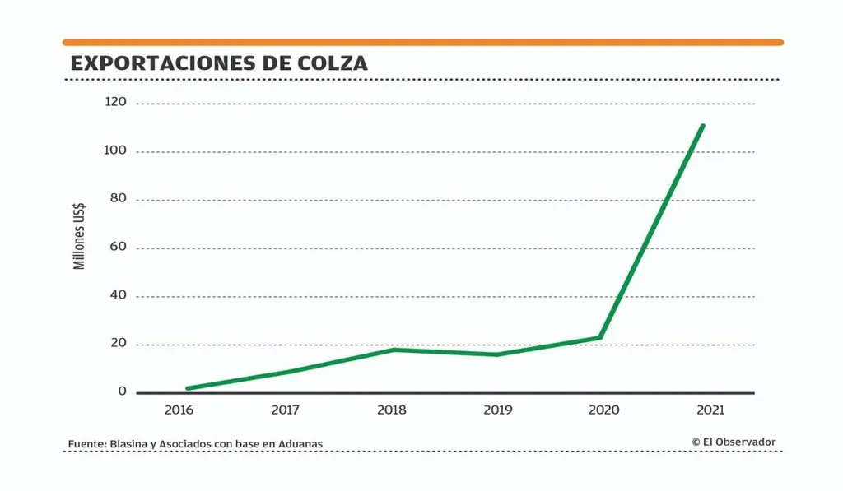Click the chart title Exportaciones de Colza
(219, 63)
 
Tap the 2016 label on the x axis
(179, 410)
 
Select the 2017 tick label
(285, 410)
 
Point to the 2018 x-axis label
(391, 410)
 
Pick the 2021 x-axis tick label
(710, 410)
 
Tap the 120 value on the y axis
(116, 103)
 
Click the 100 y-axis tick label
(116, 151)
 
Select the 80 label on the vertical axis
(119, 200)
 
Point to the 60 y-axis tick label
(119, 248)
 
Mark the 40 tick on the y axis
(119, 296)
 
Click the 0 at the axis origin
(123, 391)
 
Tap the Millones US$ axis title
(80, 237)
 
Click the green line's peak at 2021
(702, 126)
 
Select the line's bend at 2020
(600, 337)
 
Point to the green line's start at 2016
(188, 388)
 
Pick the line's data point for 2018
(394, 350)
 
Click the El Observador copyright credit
(734, 442)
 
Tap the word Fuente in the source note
(86, 444)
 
